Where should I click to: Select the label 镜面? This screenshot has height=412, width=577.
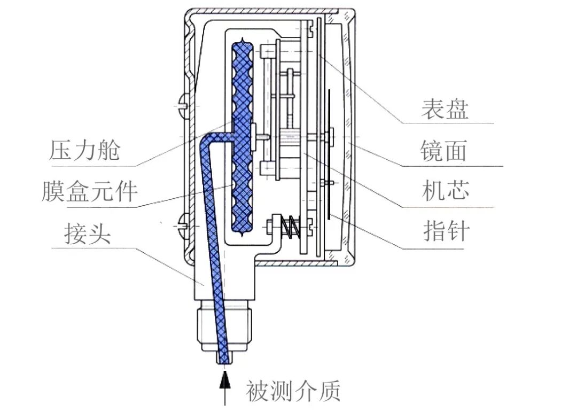[x=443, y=151]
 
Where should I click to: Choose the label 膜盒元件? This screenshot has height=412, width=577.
[x=90, y=191]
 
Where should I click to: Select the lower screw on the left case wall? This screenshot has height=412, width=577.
[x=181, y=226]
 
